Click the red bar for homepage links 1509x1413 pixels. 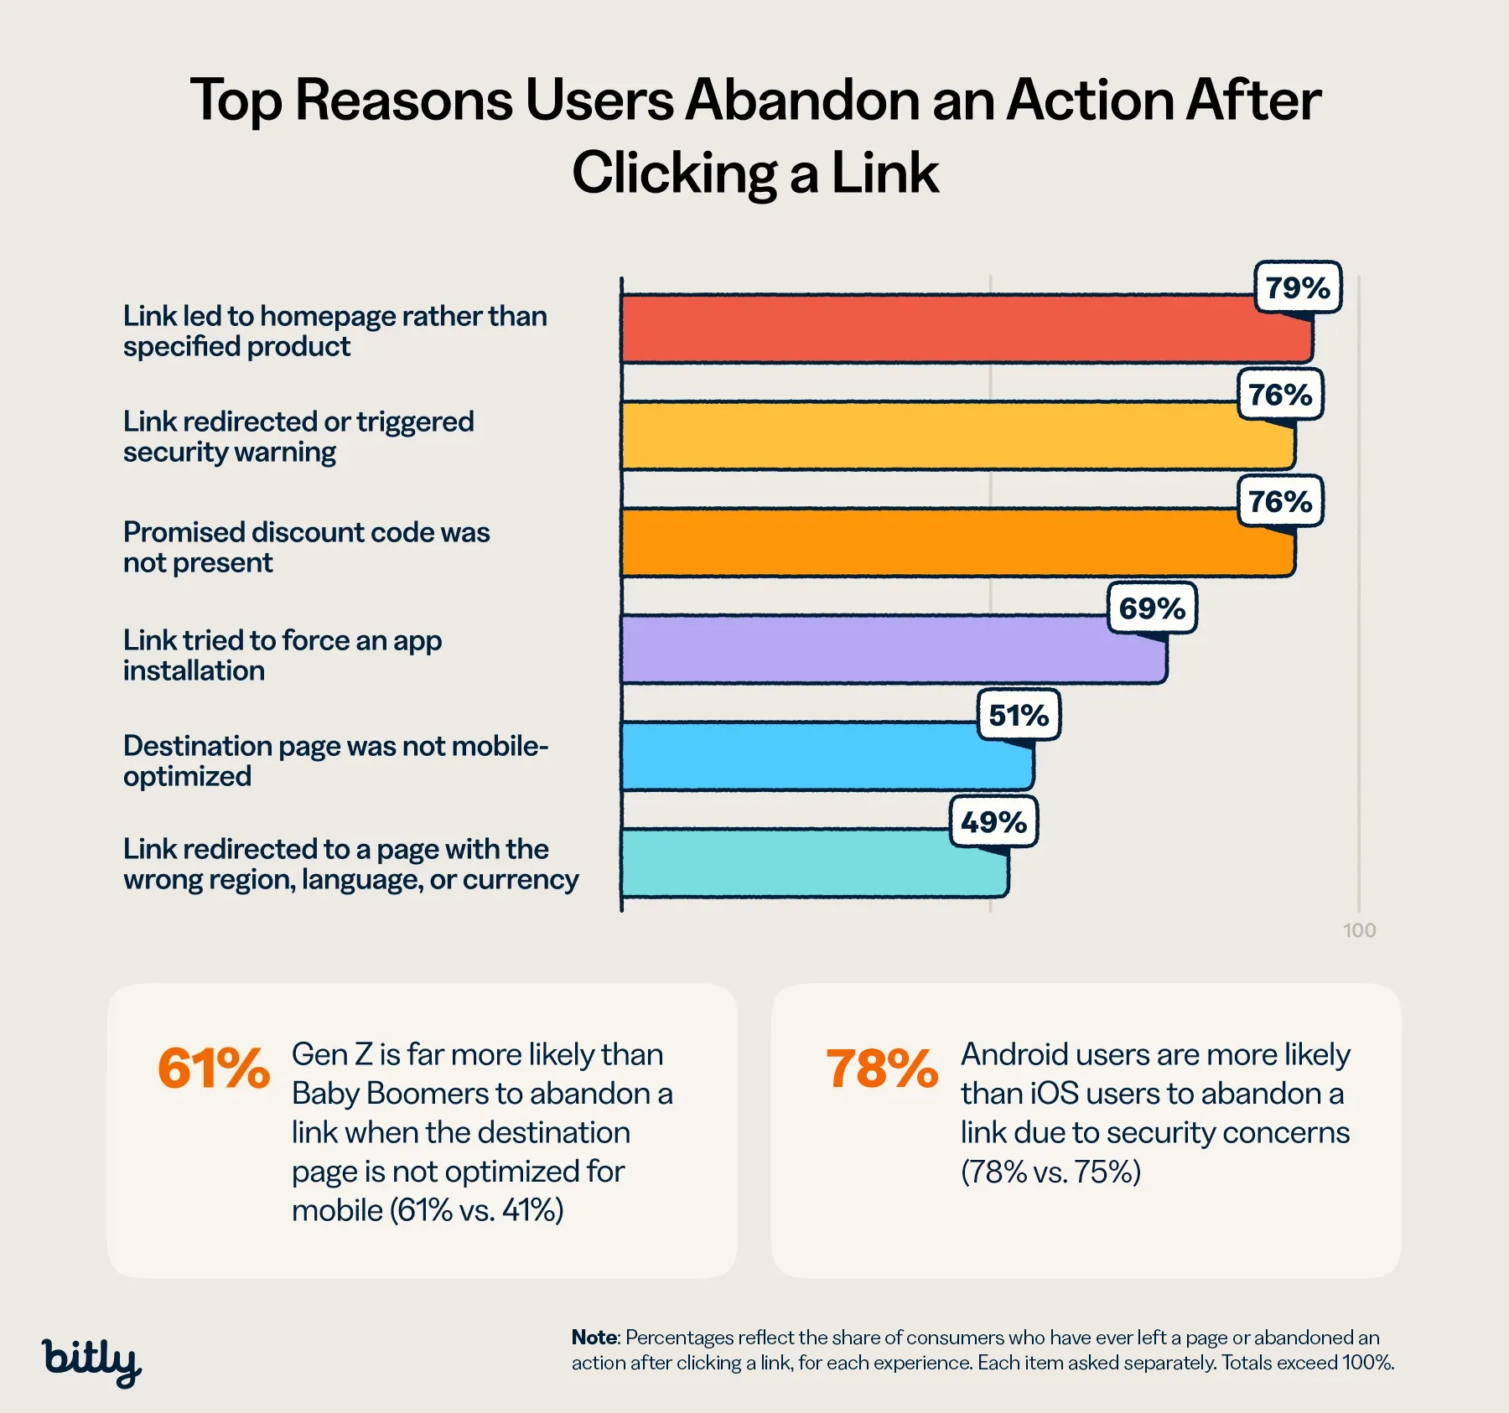[x=967, y=329]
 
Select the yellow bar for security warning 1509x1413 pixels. [x=958, y=435]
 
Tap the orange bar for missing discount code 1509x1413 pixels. [x=958, y=542]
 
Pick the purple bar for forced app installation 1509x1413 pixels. [x=894, y=649]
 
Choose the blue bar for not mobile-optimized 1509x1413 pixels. [x=827, y=756]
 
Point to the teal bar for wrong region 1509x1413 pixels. [x=815, y=862]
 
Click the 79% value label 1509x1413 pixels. [x=1298, y=287]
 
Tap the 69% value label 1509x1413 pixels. [x=1152, y=608]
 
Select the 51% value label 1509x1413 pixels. [x=1019, y=715]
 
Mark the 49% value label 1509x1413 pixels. [x=993, y=822]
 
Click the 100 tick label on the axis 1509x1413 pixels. [x=1359, y=930]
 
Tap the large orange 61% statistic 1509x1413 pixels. [x=214, y=1069]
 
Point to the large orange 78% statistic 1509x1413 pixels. [x=882, y=1069]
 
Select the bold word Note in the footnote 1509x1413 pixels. [x=594, y=1337]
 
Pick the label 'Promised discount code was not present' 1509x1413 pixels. [x=307, y=547]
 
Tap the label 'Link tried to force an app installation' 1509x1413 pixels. [x=283, y=655]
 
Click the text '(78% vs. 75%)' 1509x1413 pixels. [x=1051, y=1172]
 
